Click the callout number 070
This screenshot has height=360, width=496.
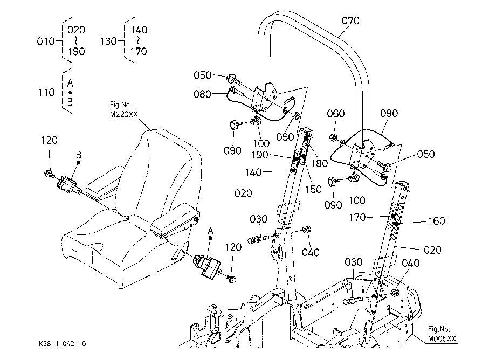click(350, 21)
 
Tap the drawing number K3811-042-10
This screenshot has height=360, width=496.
click(63, 344)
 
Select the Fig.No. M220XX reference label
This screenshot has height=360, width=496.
click(123, 109)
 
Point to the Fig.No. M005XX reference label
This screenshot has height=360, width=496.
click(442, 334)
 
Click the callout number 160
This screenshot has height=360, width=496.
click(437, 220)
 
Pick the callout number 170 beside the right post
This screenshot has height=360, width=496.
click(357, 217)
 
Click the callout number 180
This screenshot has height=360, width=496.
click(320, 163)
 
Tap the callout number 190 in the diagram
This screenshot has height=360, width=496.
click(260, 155)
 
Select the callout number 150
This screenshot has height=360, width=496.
click(313, 189)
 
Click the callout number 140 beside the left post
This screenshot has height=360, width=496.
click(253, 172)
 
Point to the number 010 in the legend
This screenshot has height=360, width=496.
click(45, 41)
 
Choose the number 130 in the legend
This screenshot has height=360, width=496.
click(108, 41)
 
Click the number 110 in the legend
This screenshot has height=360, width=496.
click(46, 93)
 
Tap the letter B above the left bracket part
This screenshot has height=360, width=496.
click(79, 155)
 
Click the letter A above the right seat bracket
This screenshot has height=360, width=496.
click(210, 231)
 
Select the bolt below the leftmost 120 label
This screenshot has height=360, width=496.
click(49, 173)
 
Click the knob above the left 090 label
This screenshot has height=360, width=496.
click(234, 124)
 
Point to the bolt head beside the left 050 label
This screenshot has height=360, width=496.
click(231, 77)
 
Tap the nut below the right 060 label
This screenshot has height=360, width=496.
click(333, 137)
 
